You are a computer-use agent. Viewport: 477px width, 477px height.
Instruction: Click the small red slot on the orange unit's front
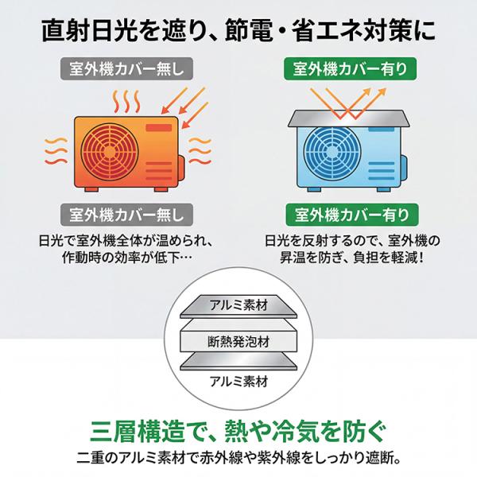pos(161,127)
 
